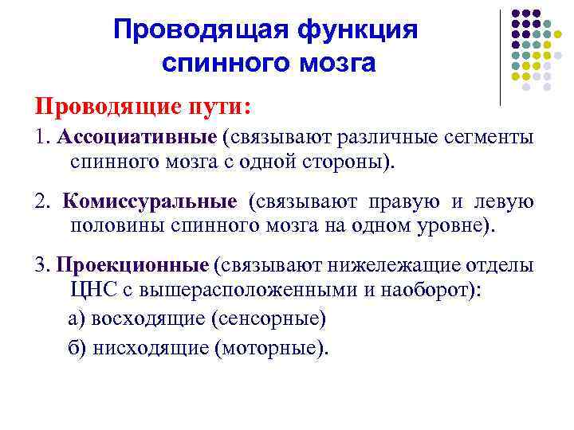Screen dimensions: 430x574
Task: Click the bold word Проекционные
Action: click(133, 265)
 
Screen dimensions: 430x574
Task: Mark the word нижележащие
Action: click(385, 265)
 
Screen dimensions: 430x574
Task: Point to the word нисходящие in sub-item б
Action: click(151, 348)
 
